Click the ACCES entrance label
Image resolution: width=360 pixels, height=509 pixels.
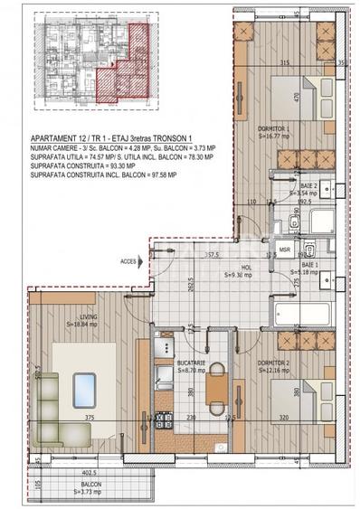tap(127, 261)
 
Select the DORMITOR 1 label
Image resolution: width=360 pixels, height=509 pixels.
tap(273, 128)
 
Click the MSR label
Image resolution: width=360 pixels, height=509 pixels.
tap(284, 250)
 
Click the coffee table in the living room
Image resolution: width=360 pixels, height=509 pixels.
tap(87, 389)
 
